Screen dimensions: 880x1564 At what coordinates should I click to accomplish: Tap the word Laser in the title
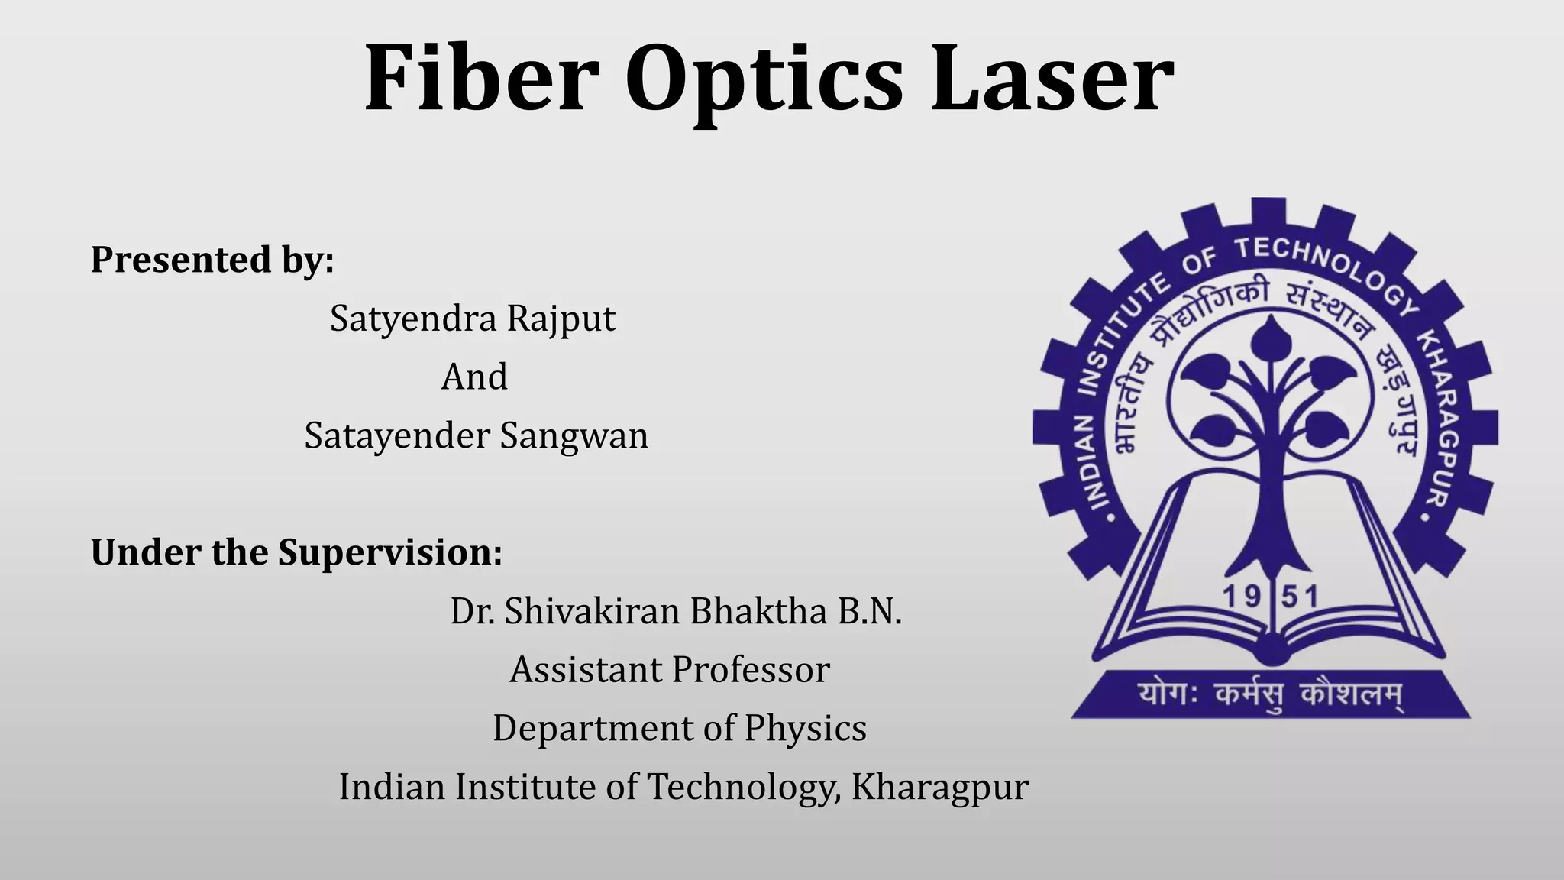tap(1052, 79)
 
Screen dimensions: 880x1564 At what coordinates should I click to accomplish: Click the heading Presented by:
tap(212, 260)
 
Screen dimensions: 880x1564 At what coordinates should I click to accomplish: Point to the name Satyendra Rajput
tap(473, 319)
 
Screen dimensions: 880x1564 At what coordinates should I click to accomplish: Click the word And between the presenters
tap(474, 377)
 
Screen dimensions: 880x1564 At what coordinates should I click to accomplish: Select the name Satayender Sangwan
tap(476, 436)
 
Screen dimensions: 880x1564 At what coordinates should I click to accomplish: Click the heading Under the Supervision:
tap(296, 552)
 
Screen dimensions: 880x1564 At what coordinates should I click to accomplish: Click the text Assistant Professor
tap(670, 670)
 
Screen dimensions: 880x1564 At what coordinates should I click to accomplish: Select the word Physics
tap(805, 729)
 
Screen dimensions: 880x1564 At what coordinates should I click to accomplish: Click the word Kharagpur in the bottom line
tap(940, 787)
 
